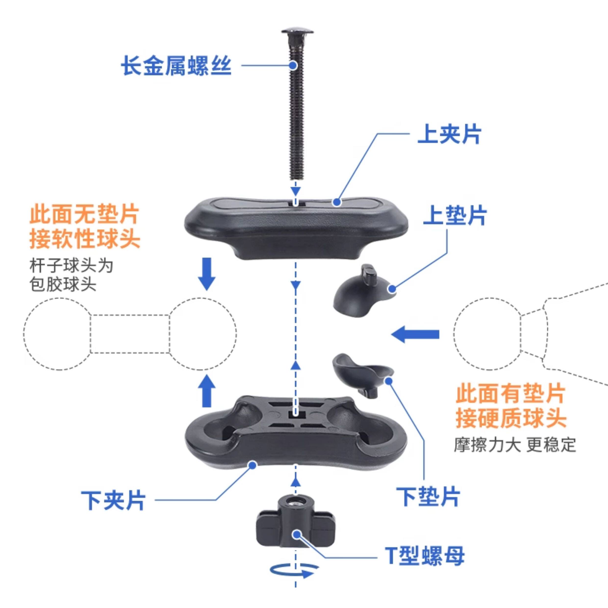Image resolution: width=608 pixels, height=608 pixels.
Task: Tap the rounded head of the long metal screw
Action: tap(297, 31)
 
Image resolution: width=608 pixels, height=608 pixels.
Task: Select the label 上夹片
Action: tap(449, 134)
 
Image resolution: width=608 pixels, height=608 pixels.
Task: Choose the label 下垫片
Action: tap(428, 497)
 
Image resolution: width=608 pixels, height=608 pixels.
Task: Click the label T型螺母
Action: tap(425, 556)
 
